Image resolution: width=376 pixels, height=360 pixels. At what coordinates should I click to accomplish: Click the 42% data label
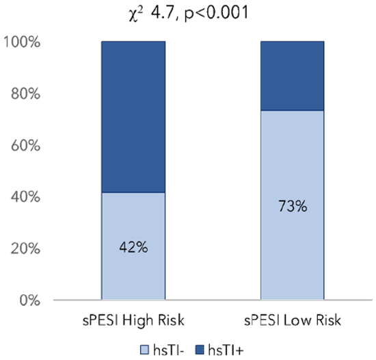[133, 246]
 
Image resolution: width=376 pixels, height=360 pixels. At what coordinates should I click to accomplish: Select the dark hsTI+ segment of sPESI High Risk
[133, 116]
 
